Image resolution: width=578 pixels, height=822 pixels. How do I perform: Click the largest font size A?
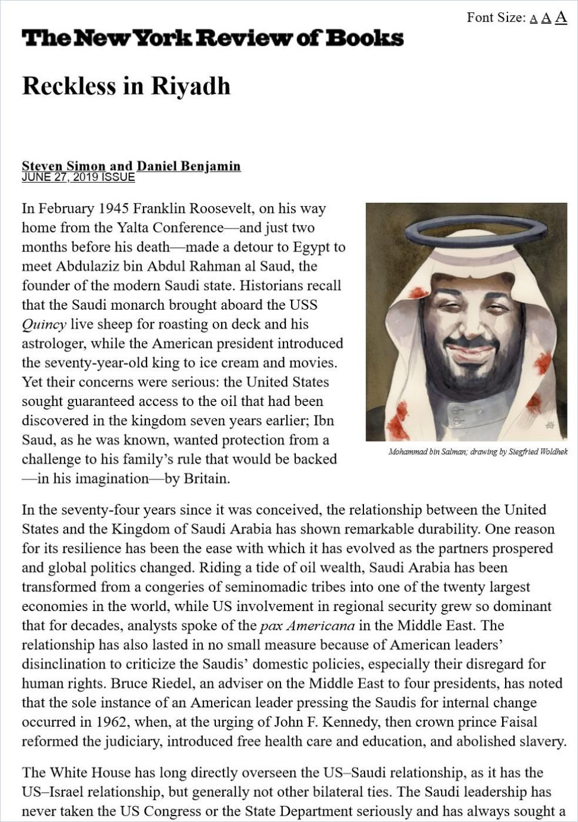pos(561,17)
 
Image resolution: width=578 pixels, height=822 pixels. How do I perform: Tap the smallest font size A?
pos(533,19)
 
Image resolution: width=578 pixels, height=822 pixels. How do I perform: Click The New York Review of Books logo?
pos(212,39)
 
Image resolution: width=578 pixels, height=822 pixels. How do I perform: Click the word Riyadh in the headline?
pos(191,86)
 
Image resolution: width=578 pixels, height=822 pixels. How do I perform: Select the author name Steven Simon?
pos(64,166)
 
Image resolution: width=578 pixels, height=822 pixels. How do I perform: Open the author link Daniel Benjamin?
pos(189,166)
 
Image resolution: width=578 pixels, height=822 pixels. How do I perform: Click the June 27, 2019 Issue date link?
pos(78,177)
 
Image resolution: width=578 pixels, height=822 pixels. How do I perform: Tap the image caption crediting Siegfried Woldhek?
pos(478,452)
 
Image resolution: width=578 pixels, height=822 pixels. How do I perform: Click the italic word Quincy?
pos(44,324)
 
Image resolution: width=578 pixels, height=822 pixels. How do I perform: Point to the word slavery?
pos(543,742)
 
